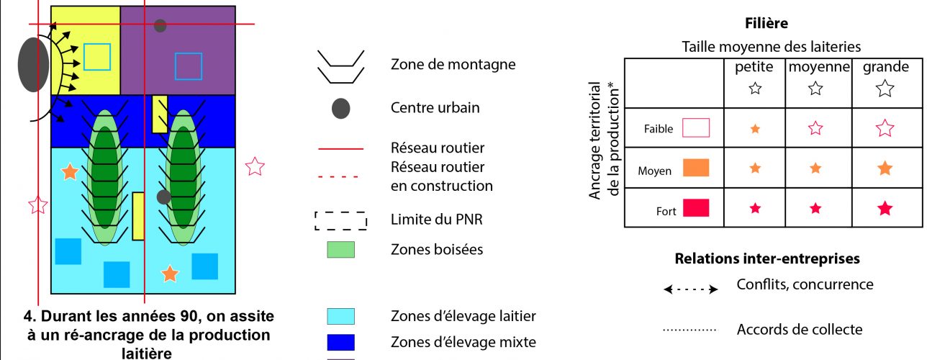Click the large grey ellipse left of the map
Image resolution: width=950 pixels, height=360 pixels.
(x=33, y=65)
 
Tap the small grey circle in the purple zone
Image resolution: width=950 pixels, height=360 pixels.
(x=160, y=26)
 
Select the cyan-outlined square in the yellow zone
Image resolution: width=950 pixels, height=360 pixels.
(x=97, y=57)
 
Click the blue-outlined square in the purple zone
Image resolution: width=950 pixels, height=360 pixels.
(x=189, y=66)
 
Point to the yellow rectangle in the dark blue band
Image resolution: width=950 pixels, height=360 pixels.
(x=160, y=113)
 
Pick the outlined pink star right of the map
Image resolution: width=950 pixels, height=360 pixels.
(x=255, y=167)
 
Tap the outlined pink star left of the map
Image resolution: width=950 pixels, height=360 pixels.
(x=37, y=205)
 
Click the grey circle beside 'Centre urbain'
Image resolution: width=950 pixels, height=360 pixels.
(x=340, y=109)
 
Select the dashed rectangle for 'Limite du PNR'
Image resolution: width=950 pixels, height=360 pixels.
(x=340, y=220)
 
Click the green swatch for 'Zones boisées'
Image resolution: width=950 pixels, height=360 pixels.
(x=340, y=250)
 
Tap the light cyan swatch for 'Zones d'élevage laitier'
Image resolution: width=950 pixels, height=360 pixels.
(x=340, y=316)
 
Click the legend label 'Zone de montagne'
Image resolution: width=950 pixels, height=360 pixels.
(x=453, y=64)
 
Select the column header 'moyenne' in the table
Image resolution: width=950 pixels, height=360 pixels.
(x=815, y=67)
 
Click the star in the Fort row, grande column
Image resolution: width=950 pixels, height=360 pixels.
(x=885, y=209)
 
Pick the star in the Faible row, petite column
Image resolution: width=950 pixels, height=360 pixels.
(x=755, y=130)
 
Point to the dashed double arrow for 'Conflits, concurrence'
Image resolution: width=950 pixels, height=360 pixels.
(x=691, y=289)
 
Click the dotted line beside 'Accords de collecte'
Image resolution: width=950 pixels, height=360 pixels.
(x=689, y=330)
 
